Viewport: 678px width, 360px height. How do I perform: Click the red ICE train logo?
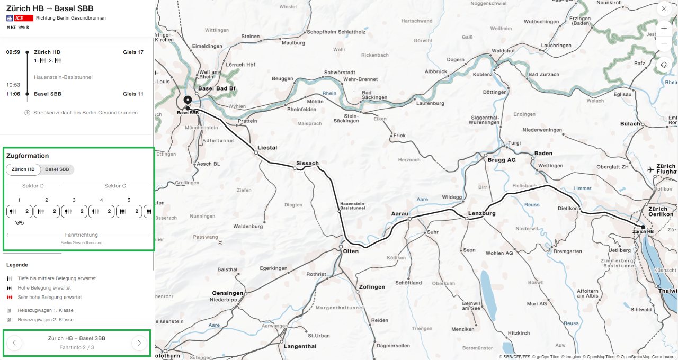point(24,18)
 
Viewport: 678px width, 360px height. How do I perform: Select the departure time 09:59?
point(13,52)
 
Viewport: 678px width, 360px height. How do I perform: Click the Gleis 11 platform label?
point(133,94)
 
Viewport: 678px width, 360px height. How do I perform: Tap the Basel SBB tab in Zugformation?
point(57,169)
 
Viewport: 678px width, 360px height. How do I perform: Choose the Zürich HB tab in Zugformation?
point(23,169)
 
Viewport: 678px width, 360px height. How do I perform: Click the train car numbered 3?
point(74,211)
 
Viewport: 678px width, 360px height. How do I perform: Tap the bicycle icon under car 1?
point(20,223)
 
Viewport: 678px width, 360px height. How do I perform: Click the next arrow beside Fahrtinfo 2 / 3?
point(139,343)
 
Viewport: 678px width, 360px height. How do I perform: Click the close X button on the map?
point(664,9)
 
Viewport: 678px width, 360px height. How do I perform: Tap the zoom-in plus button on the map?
point(664,29)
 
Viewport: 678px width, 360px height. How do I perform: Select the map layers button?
point(664,65)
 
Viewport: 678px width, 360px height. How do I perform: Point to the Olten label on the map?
point(351,251)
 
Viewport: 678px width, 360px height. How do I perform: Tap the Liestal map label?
point(267,148)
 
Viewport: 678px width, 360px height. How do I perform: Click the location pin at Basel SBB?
point(187,100)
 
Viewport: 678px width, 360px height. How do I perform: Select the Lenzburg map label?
point(481,213)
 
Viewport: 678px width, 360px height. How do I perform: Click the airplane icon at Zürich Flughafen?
point(651,169)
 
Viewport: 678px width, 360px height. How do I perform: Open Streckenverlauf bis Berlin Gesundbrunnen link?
point(85,113)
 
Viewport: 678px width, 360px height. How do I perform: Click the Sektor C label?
point(115,186)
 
